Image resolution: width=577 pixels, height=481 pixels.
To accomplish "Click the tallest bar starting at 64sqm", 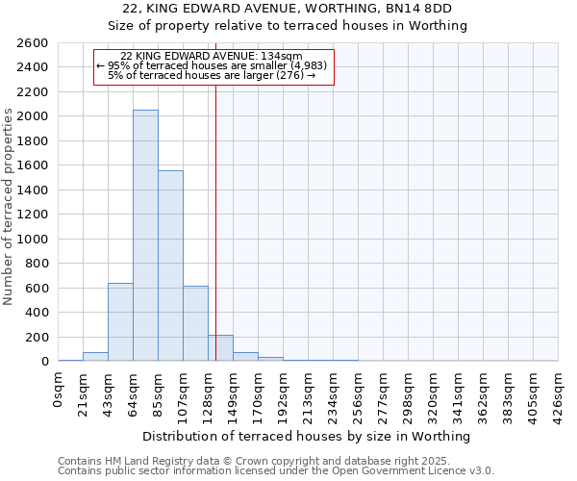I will tap(145, 236).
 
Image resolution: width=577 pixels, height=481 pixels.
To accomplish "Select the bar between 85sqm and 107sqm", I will tap(170, 266).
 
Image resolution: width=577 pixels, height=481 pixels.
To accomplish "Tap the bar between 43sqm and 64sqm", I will tap(120, 322).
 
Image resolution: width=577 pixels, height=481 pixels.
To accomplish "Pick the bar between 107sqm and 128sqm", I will tap(195, 323).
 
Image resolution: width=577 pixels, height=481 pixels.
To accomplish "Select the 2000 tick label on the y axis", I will tap(34, 116).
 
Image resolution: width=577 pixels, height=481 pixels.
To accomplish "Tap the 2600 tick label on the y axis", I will tap(34, 43).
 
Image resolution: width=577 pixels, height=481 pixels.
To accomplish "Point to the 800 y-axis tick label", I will tap(38, 264).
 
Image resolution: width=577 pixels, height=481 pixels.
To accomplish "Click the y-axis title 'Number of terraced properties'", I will tap(9, 207).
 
